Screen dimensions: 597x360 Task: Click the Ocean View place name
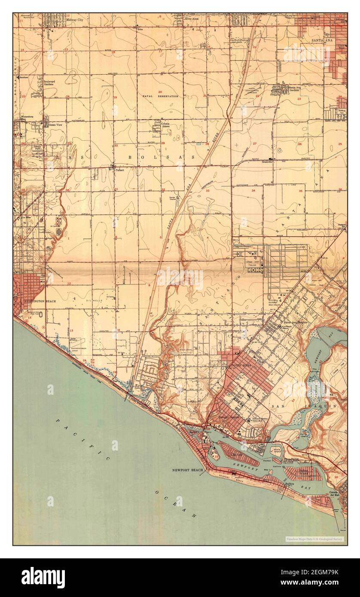click(x=55, y=125)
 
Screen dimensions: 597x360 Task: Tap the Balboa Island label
click(x=304, y=472)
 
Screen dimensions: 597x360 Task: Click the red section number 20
click(x=160, y=92)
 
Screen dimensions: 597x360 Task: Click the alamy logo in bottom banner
click(x=43, y=578)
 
